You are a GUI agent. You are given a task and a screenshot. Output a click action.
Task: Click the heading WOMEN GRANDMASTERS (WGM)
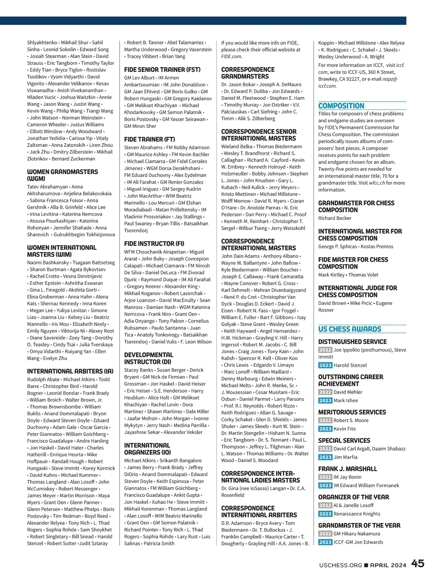click(x=62, y=175)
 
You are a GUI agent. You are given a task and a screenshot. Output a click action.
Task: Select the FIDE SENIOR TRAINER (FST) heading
click(x=162, y=70)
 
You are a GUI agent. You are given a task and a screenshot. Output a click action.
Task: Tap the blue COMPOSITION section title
click(x=341, y=106)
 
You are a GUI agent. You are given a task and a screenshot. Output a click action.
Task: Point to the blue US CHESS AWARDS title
click(x=349, y=329)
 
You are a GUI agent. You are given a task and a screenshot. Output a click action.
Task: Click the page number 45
click(x=418, y=564)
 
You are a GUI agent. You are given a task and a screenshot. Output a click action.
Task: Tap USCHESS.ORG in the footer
click(x=340, y=565)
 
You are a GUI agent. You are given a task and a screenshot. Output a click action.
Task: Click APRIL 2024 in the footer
click(x=388, y=565)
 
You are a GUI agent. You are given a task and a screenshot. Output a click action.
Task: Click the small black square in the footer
click(x=366, y=565)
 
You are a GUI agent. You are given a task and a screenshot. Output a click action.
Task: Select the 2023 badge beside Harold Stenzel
click(x=325, y=365)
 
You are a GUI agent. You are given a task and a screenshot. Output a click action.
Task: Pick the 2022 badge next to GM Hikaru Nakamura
click(x=325, y=534)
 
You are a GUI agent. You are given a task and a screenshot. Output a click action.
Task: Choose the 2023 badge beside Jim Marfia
click(x=325, y=457)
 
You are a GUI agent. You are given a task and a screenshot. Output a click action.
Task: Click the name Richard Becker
click(x=335, y=218)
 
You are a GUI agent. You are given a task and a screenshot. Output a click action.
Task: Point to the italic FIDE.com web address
click(x=231, y=57)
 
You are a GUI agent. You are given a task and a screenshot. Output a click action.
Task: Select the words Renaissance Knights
click(x=357, y=514)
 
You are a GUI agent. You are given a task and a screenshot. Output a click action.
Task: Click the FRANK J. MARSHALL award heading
click(x=348, y=469)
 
